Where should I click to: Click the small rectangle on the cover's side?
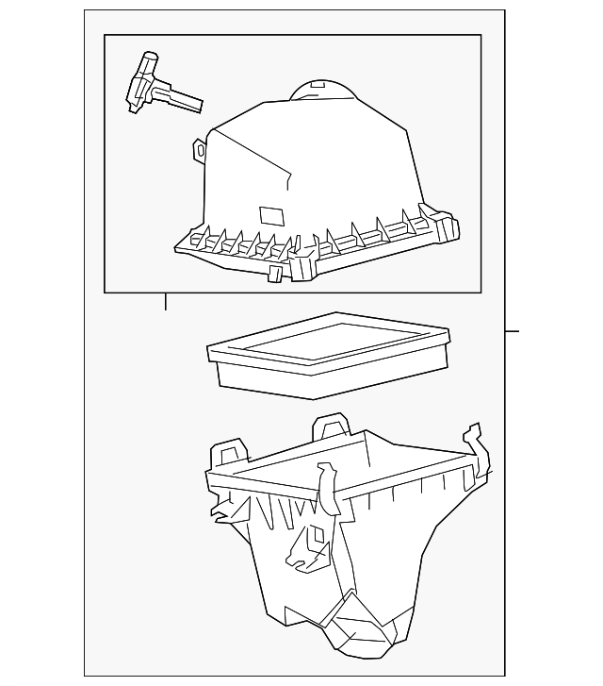click(x=270, y=215)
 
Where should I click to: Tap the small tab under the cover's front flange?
click(x=275, y=274)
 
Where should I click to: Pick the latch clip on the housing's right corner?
click(x=476, y=449)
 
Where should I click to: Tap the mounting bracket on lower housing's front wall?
click(x=305, y=548)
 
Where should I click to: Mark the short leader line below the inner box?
click(x=166, y=302)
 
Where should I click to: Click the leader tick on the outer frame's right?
click(x=512, y=331)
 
